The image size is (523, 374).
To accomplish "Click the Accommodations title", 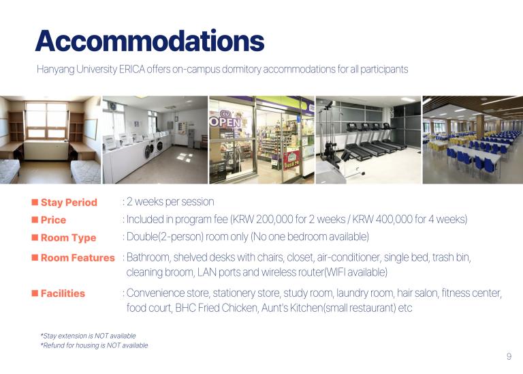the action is point(150,41).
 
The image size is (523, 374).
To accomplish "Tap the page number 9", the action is point(509,356).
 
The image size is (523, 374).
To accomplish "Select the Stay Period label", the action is point(69,202).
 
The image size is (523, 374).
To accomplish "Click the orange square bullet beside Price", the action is point(35,220).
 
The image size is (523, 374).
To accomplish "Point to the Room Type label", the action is point(68,238).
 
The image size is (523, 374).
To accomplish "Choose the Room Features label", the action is point(78,258).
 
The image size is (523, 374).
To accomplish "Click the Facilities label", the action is point(63,293).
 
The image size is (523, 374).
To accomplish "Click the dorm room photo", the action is point(50,140).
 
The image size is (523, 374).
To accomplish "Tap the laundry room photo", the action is point(155,140).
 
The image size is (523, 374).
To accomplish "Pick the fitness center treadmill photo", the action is point(368,140).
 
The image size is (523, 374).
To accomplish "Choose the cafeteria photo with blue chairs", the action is point(473,140).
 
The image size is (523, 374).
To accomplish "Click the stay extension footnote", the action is point(88,336).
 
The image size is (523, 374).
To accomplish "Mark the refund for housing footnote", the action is point(94,345).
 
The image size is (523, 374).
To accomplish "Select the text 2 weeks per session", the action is point(170,201).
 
